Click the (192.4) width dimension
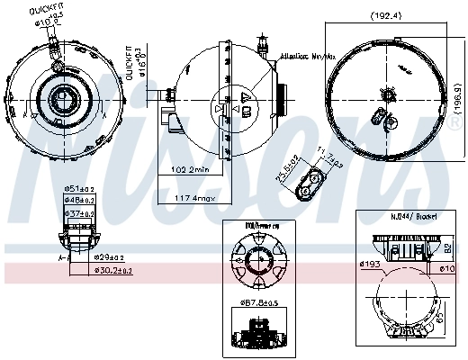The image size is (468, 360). (x=389, y=15)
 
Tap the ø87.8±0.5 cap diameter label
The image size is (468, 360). (x=258, y=302)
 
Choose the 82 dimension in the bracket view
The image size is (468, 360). (x=446, y=247)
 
